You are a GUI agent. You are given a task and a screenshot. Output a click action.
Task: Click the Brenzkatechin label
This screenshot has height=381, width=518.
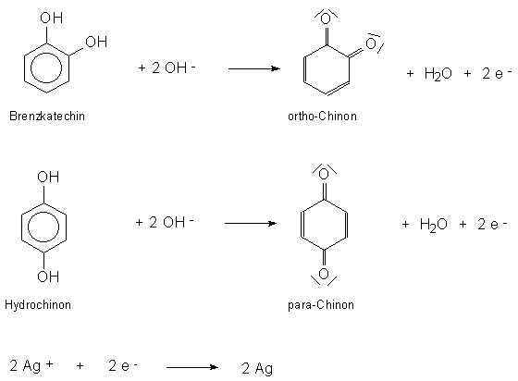[x=47, y=117]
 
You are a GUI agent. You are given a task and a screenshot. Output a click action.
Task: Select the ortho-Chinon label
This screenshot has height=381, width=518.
[x=322, y=117]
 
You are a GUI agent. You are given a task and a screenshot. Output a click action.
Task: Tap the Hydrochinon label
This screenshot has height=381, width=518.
[x=38, y=304]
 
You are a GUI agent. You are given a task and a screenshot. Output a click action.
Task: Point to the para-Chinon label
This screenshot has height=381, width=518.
[x=321, y=304]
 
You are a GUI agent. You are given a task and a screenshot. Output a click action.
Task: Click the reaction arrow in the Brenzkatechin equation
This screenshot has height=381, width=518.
[x=254, y=68]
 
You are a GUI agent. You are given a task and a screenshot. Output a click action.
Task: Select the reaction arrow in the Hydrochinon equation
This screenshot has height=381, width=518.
[x=251, y=224]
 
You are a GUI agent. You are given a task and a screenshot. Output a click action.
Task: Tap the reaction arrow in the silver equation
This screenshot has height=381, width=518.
[x=192, y=367]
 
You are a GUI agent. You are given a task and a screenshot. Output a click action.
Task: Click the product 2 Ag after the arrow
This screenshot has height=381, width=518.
[x=257, y=369]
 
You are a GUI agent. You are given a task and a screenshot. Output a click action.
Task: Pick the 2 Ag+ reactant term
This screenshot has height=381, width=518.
[x=31, y=365]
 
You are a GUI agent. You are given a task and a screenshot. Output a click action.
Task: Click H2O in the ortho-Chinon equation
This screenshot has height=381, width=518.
[x=438, y=74]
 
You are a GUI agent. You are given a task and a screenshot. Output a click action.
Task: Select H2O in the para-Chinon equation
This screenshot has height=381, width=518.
[x=433, y=225]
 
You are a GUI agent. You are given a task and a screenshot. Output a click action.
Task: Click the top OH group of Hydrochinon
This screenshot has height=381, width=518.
[x=48, y=177]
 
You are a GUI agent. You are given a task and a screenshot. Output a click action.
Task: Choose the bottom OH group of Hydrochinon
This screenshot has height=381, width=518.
[x=48, y=276]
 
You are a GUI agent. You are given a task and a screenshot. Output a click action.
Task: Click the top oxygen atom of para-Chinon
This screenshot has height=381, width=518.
[x=324, y=174]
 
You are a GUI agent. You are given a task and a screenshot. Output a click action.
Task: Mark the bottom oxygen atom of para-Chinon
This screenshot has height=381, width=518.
[x=324, y=274]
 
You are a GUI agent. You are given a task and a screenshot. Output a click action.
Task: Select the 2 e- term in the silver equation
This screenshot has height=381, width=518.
[x=123, y=365]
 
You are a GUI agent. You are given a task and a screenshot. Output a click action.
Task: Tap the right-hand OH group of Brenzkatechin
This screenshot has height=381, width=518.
[x=96, y=42]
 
